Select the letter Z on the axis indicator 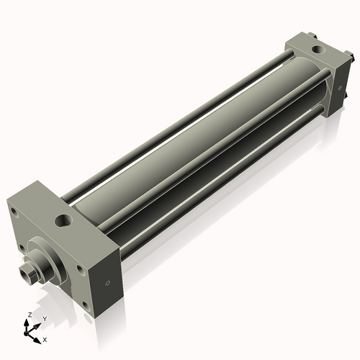pos(29,315)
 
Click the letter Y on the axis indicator pos(45,318)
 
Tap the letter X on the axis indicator pos(45,338)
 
